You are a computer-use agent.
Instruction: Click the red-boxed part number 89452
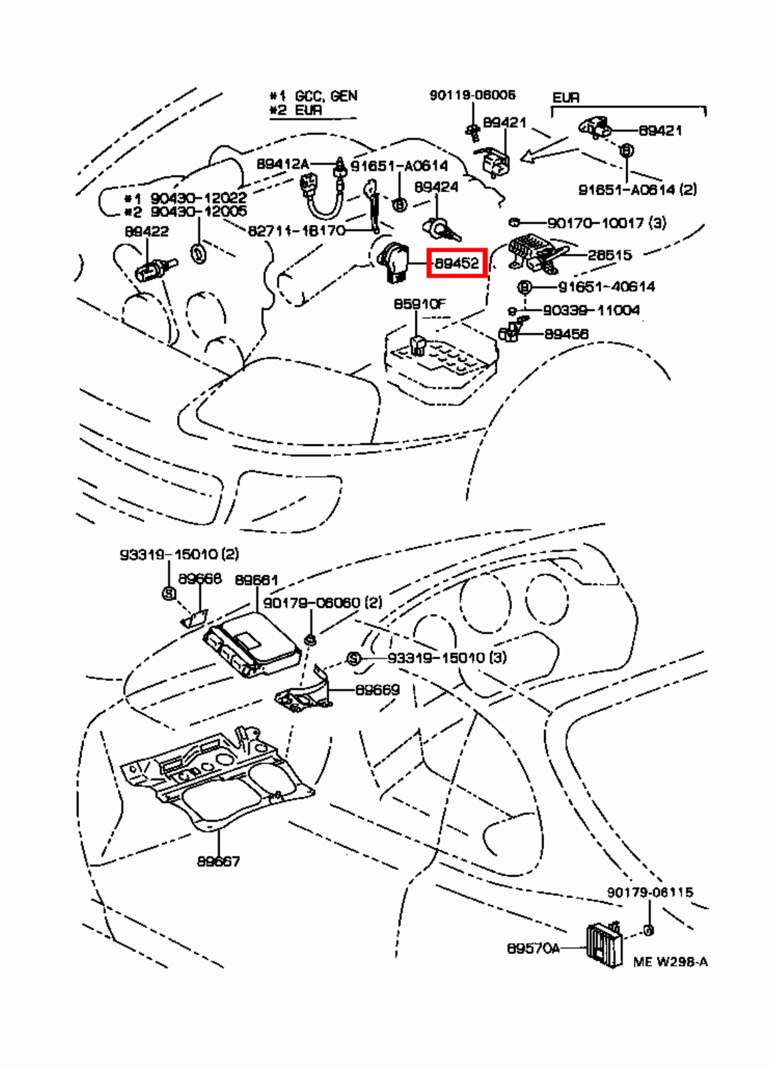tap(457, 263)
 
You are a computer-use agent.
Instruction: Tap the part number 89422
tap(146, 232)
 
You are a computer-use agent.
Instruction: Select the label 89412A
tap(283, 164)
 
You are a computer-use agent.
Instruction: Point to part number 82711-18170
tap(296, 231)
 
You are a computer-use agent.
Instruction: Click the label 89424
tap(436, 187)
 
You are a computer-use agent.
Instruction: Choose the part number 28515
tap(609, 255)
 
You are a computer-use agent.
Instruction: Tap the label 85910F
tap(419, 304)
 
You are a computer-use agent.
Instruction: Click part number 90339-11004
tap(591, 310)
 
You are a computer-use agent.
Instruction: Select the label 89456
tap(566, 334)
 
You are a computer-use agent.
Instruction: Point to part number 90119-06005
tap(472, 95)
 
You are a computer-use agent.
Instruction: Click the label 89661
tap(256, 580)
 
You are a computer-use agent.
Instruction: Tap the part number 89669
tap(377, 690)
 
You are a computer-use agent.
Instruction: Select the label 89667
tap(218, 861)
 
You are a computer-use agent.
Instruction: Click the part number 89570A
tap(533, 948)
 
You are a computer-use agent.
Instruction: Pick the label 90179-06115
tap(650, 892)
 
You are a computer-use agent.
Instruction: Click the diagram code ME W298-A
tap(670, 962)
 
